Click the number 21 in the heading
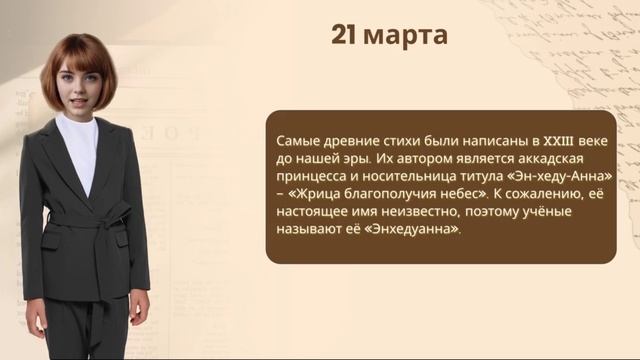click(x=344, y=36)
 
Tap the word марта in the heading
click(x=405, y=37)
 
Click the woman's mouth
click(x=81, y=102)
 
